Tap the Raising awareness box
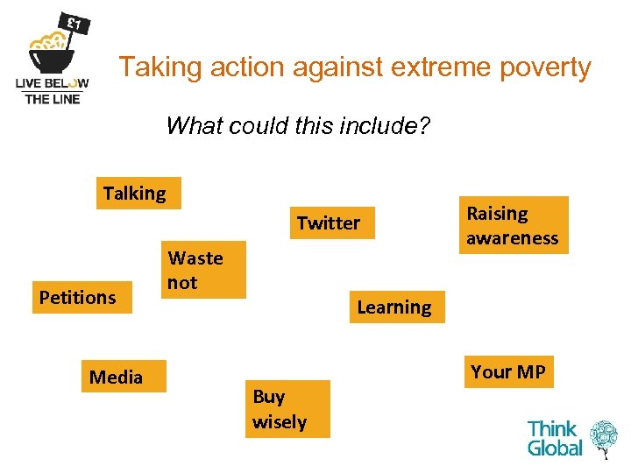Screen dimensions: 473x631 (514, 225)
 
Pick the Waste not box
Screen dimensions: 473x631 (203, 271)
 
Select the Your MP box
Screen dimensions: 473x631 (508, 372)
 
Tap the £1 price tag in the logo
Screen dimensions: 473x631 (74, 22)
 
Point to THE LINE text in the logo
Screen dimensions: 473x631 (53, 99)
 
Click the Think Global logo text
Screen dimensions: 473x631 (554, 439)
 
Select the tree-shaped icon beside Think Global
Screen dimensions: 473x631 (604, 439)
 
